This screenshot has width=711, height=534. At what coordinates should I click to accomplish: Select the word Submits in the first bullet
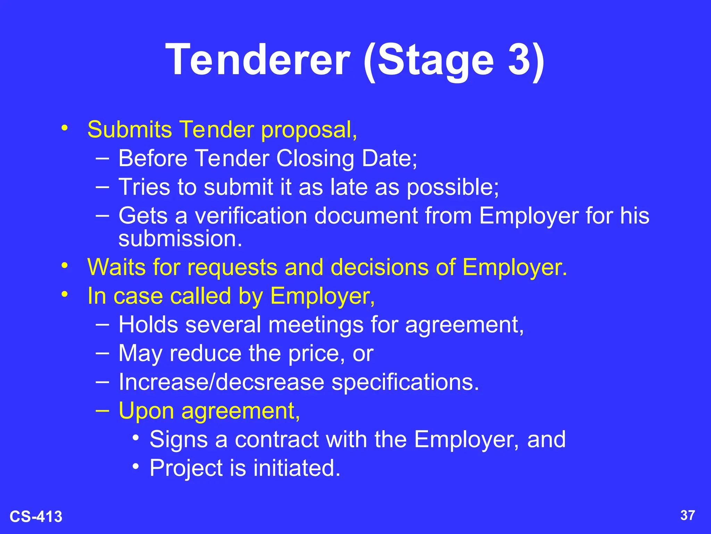(129, 130)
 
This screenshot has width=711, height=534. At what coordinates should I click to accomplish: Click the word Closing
(315, 159)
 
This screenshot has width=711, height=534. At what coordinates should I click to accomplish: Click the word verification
(251, 216)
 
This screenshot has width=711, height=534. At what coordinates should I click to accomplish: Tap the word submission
(180, 239)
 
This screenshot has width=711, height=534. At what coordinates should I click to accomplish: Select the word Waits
(117, 267)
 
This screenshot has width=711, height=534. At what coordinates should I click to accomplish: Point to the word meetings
(316, 325)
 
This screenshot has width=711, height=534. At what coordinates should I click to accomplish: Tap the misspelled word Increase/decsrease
(221, 382)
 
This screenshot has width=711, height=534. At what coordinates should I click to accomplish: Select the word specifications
(405, 382)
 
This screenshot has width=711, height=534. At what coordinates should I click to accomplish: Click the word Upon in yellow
(146, 411)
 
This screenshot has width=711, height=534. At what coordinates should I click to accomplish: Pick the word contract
(277, 439)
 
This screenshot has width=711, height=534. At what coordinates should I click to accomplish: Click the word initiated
(297, 468)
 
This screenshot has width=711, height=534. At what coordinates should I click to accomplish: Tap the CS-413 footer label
(36, 517)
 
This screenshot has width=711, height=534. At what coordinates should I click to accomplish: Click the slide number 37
(687, 515)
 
